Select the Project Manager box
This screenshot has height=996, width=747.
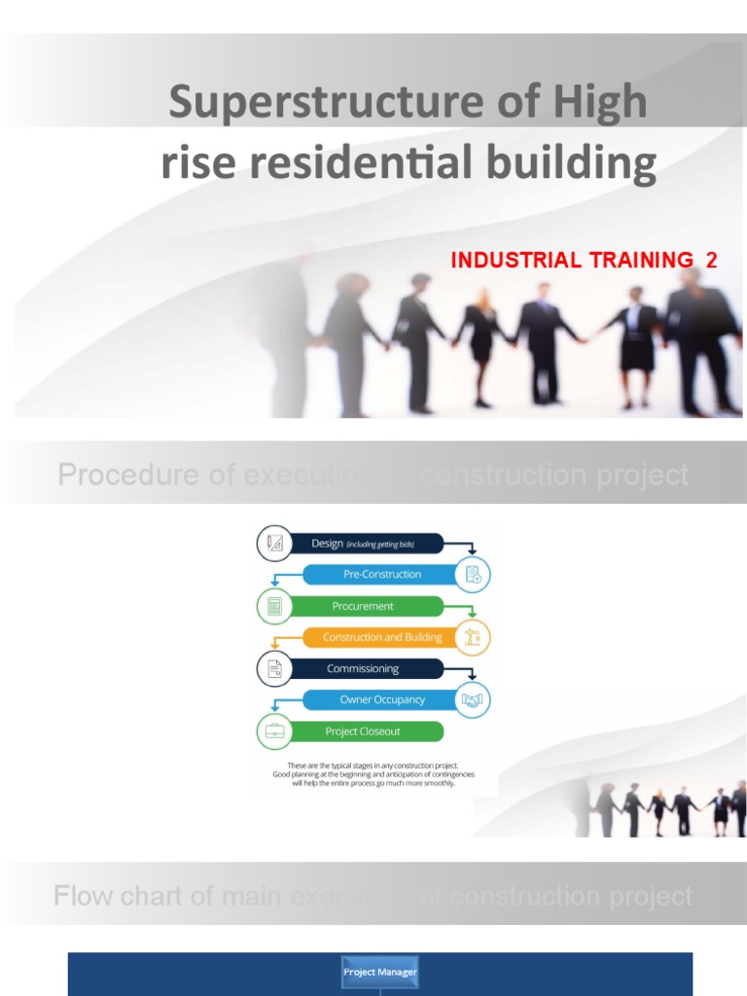pos(379,972)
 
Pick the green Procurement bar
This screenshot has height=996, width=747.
pos(363,606)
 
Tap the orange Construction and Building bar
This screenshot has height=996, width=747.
pos(382,637)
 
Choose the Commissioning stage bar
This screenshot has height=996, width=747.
pos(363,668)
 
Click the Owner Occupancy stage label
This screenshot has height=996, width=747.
pos(382,699)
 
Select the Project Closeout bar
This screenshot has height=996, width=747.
pos(363,731)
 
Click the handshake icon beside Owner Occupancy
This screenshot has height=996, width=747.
pos(473,699)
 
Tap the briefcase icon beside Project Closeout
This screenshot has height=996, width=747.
pos(274,731)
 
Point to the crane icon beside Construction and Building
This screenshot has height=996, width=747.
pos(473,637)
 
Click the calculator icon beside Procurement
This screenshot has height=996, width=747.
pos(274,606)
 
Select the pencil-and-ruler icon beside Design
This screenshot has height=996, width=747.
pos(274,543)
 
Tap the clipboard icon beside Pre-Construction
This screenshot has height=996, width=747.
pos(473,574)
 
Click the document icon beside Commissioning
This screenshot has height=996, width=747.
pos(274,668)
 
